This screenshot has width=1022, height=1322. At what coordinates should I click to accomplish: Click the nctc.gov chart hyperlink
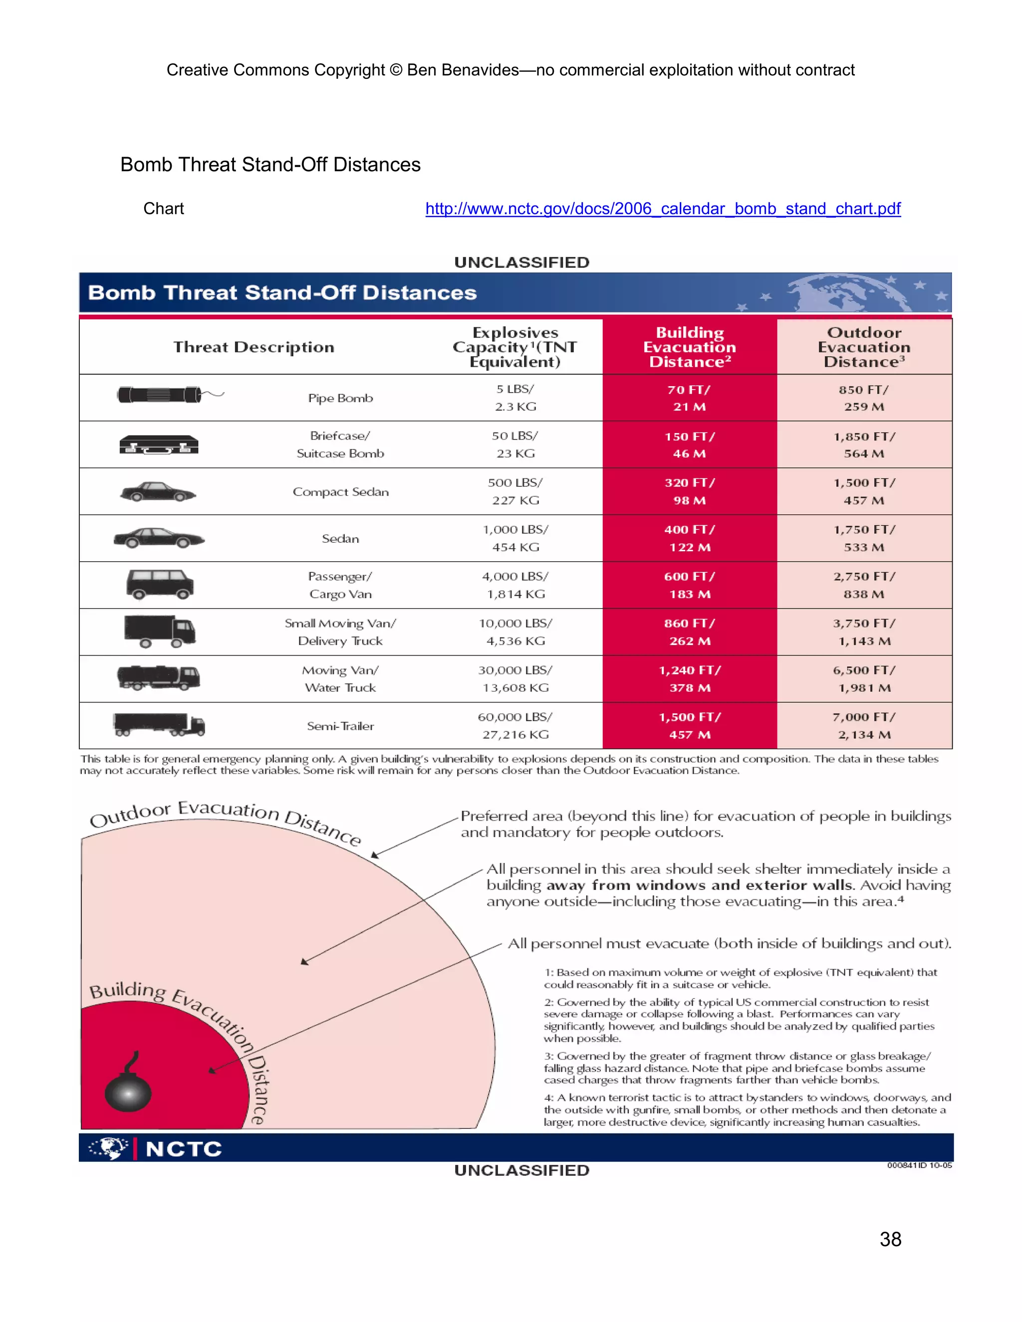tap(662, 209)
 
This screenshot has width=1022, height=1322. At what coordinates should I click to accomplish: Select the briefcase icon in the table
tap(159, 445)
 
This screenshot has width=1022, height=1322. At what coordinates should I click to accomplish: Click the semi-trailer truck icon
tap(159, 724)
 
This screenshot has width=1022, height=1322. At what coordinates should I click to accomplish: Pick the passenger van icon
tap(160, 584)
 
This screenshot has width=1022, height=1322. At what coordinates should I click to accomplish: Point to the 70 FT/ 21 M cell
tap(689, 398)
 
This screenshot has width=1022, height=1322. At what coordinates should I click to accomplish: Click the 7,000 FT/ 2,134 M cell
tap(864, 725)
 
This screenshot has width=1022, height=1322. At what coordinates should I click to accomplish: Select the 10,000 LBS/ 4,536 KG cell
tap(515, 632)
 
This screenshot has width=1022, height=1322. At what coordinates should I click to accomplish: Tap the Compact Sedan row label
tap(340, 491)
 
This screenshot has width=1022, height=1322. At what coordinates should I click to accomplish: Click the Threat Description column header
tap(254, 347)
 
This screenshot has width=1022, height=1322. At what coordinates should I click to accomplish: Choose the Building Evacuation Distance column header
tap(689, 347)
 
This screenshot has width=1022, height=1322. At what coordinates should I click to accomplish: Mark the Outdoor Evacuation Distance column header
tap(864, 347)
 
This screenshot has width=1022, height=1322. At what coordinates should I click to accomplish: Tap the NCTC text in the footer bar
tap(184, 1149)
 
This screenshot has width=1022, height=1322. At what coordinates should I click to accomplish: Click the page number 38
tap(890, 1239)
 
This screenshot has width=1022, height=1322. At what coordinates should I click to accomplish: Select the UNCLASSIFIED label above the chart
tap(521, 262)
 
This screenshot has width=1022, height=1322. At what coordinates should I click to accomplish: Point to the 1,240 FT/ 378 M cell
tap(689, 678)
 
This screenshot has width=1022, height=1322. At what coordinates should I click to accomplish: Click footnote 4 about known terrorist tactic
tap(747, 1109)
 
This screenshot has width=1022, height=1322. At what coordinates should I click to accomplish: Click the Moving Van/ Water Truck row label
tap(340, 678)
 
